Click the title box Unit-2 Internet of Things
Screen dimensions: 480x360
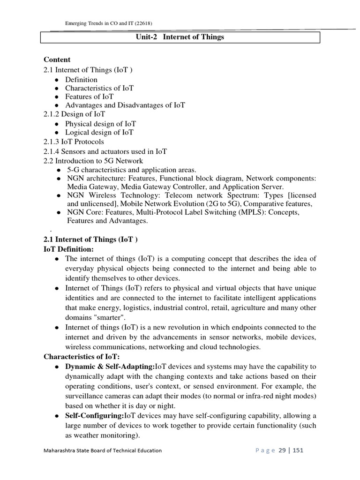(x=180, y=37)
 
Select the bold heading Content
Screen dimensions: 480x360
(x=57, y=60)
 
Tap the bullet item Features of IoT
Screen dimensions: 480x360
(x=89, y=97)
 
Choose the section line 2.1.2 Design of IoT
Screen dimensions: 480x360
(x=74, y=114)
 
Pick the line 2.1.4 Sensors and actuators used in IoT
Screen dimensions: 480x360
(x=105, y=151)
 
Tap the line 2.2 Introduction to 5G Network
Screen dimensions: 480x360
(x=93, y=161)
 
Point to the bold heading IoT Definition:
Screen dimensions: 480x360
(x=68, y=249)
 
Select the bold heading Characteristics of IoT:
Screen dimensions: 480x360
(x=82, y=357)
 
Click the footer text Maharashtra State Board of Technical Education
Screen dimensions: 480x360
(x=103, y=450)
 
